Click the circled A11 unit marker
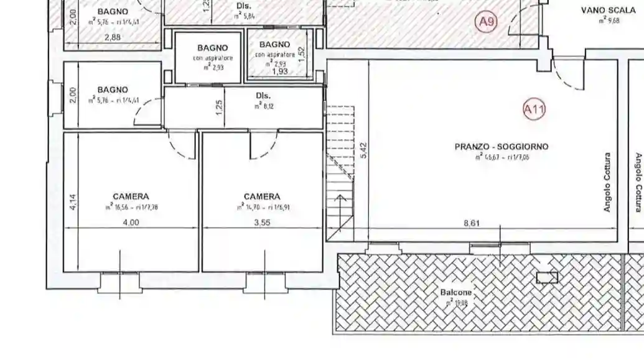[x=534, y=110]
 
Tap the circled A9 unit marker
[x=487, y=22]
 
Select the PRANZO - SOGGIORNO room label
[x=501, y=147]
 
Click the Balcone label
[x=456, y=292]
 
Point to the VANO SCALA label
[x=608, y=10]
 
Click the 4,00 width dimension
[x=131, y=223]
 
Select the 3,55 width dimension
[x=262, y=223]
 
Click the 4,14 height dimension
[x=72, y=203]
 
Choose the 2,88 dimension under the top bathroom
[x=113, y=37]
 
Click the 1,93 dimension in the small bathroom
[x=280, y=72]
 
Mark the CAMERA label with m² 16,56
[x=131, y=196]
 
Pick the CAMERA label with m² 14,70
[x=262, y=196]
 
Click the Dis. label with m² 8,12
[x=263, y=96]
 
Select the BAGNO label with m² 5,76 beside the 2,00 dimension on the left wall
[x=112, y=90]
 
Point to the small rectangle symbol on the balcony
[x=547, y=277]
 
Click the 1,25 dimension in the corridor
[x=219, y=107]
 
